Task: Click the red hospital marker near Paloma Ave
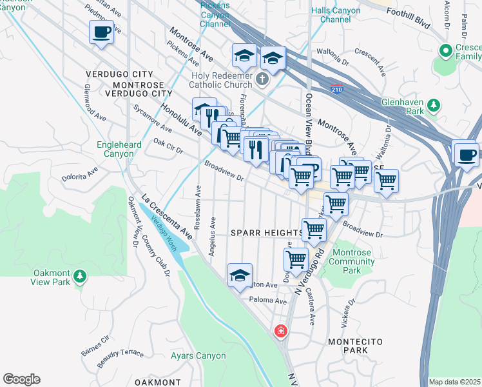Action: [280, 332]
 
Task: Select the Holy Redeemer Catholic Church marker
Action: [261, 79]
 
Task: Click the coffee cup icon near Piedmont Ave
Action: [101, 32]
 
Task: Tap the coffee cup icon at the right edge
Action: [465, 154]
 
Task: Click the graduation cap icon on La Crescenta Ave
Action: [240, 275]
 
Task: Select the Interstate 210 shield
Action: [336, 89]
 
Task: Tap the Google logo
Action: [21, 379]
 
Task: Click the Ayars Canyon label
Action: [198, 355]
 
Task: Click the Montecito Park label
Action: [347, 345]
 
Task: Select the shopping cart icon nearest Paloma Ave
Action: [296, 259]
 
